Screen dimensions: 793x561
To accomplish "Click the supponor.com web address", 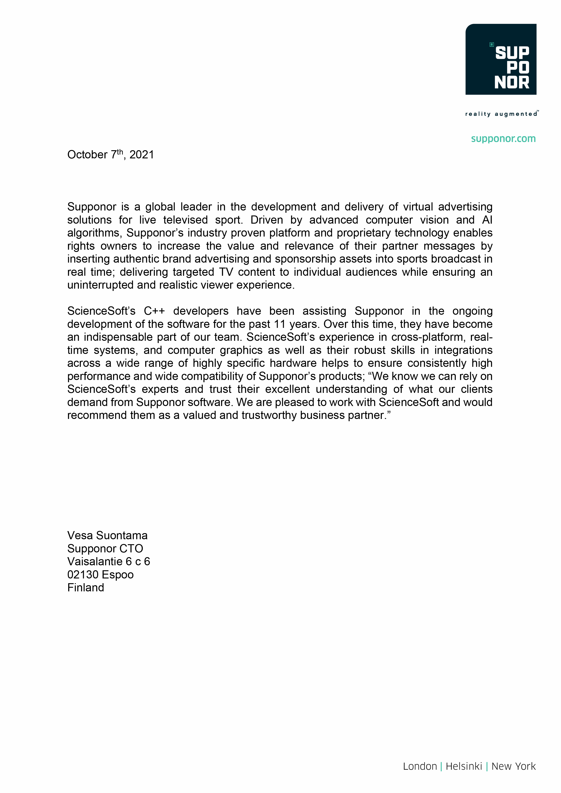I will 503,139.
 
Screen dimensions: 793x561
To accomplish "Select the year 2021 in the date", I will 142,155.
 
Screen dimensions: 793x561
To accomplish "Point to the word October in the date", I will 87,155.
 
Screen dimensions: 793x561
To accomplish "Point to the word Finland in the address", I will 86,587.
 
